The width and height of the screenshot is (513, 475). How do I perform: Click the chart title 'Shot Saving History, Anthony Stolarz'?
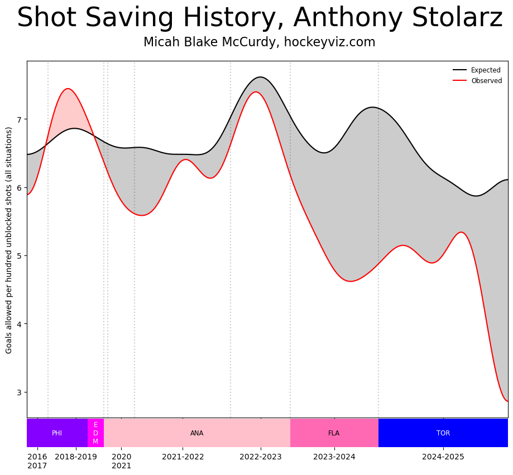coord(260,18)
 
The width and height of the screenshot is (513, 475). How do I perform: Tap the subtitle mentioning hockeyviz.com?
coord(260,42)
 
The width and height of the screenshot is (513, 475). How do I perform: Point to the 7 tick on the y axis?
coord(18,119)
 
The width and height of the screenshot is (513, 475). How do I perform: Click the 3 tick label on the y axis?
coord(18,392)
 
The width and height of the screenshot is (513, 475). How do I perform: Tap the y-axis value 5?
coord(18,256)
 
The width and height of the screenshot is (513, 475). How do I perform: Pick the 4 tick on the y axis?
coord(18,324)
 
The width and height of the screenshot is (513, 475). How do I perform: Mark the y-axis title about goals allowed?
coord(9,240)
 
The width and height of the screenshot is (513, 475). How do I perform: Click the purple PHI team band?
coord(57,433)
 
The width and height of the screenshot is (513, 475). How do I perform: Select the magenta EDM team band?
coord(95,433)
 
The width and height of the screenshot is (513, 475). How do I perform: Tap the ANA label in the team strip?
coord(197,433)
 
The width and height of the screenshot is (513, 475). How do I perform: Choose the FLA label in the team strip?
coord(334,433)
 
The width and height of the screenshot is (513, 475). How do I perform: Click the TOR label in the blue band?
coord(443,433)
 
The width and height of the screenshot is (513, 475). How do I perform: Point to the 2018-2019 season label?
coord(76,457)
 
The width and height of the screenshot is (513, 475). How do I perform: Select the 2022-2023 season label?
coord(261,457)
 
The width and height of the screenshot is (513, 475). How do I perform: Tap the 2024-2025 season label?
coord(443,457)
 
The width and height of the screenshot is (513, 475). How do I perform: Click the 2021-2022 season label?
coord(183,457)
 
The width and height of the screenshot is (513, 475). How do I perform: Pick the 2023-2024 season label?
coord(334,457)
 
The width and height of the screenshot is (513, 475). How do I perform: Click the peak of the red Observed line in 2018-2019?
coord(68,89)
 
